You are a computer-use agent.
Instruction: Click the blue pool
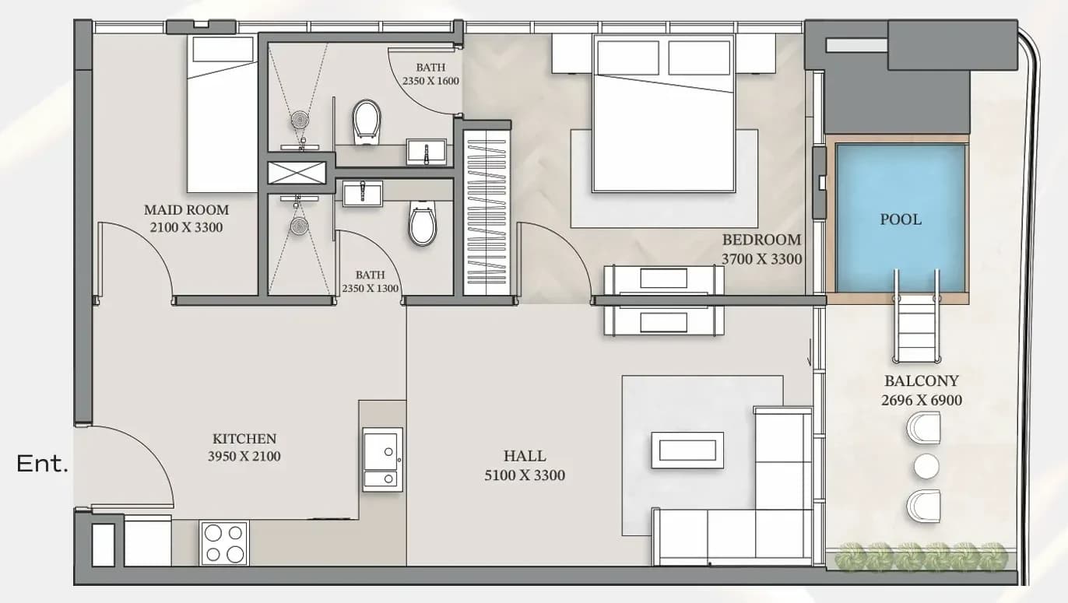[901, 218]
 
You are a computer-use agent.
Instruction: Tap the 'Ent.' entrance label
[43, 464]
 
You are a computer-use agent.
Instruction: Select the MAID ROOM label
[186, 210]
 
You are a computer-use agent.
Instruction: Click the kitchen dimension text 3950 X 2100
[244, 457]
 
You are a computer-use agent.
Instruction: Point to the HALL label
[525, 456]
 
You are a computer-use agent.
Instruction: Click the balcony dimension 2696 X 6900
[921, 401]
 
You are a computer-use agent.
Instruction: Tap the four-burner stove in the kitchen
[224, 543]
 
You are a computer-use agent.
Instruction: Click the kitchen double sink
[382, 460]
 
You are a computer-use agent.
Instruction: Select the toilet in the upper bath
[367, 122]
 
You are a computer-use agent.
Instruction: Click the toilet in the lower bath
[423, 223]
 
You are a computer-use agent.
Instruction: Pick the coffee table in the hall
[687, 450]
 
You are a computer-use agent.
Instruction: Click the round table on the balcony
[926, 466]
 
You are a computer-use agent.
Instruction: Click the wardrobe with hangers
[487, 212]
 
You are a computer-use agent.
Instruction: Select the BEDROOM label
[761, 240]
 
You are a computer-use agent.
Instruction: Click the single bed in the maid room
[222, 114]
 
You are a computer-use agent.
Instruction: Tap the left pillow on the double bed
[628, 58]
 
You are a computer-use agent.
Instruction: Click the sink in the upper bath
[427, 152]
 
